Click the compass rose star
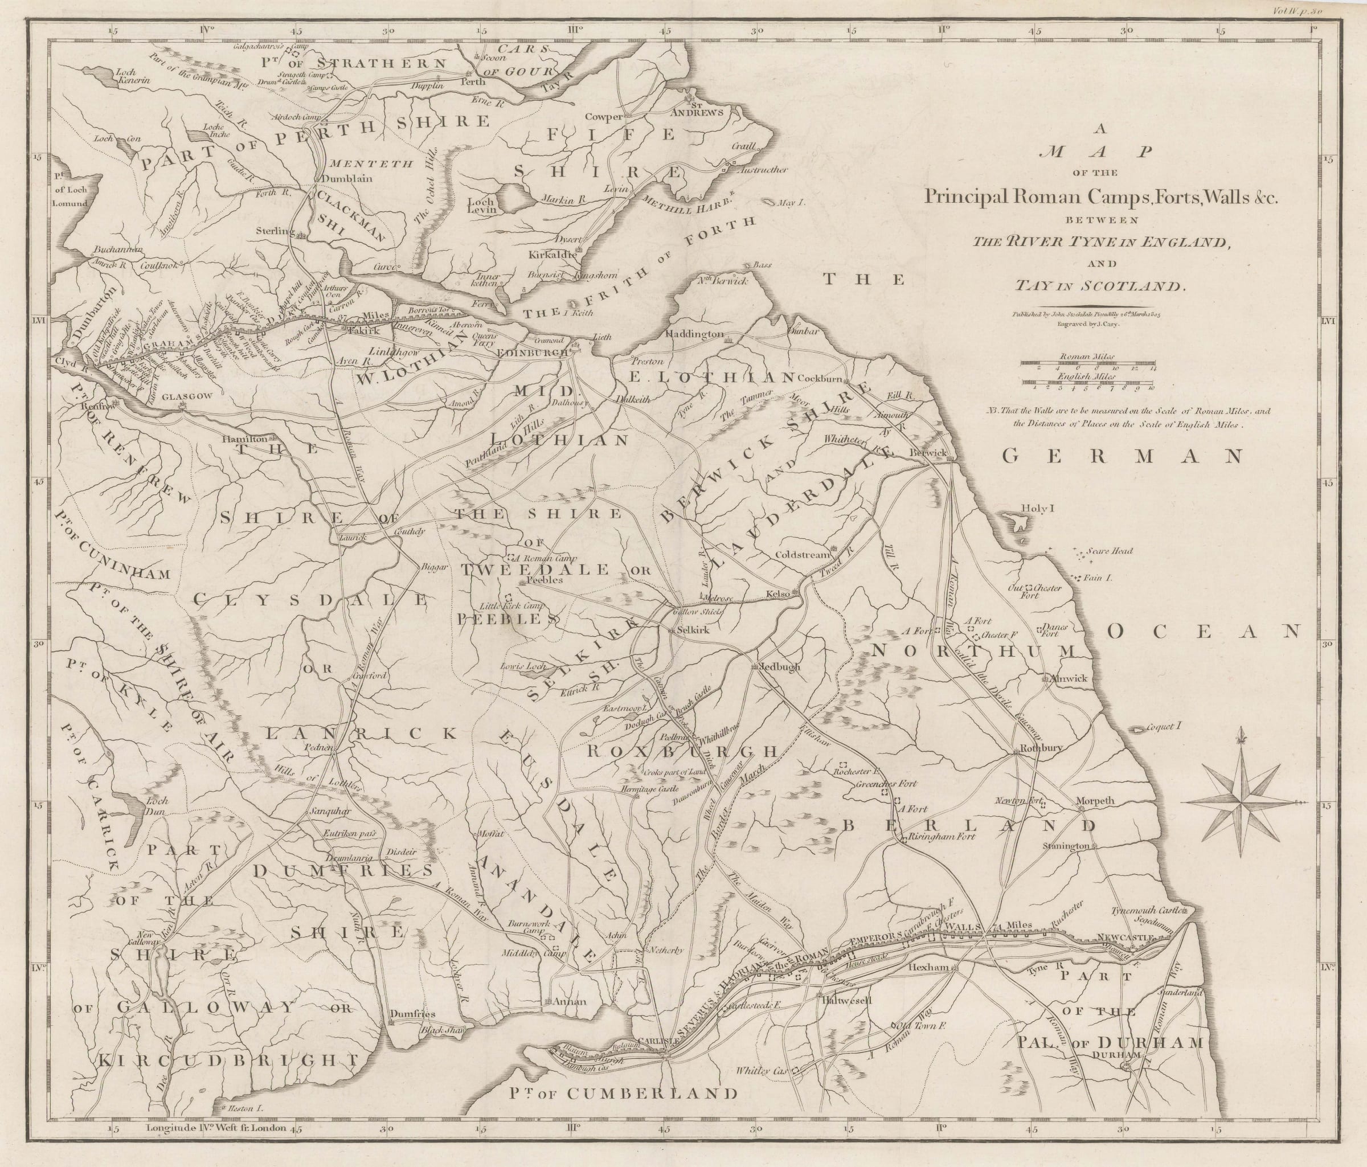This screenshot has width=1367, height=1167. coord(1242,801)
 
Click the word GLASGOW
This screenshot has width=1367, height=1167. coord(178,396)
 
